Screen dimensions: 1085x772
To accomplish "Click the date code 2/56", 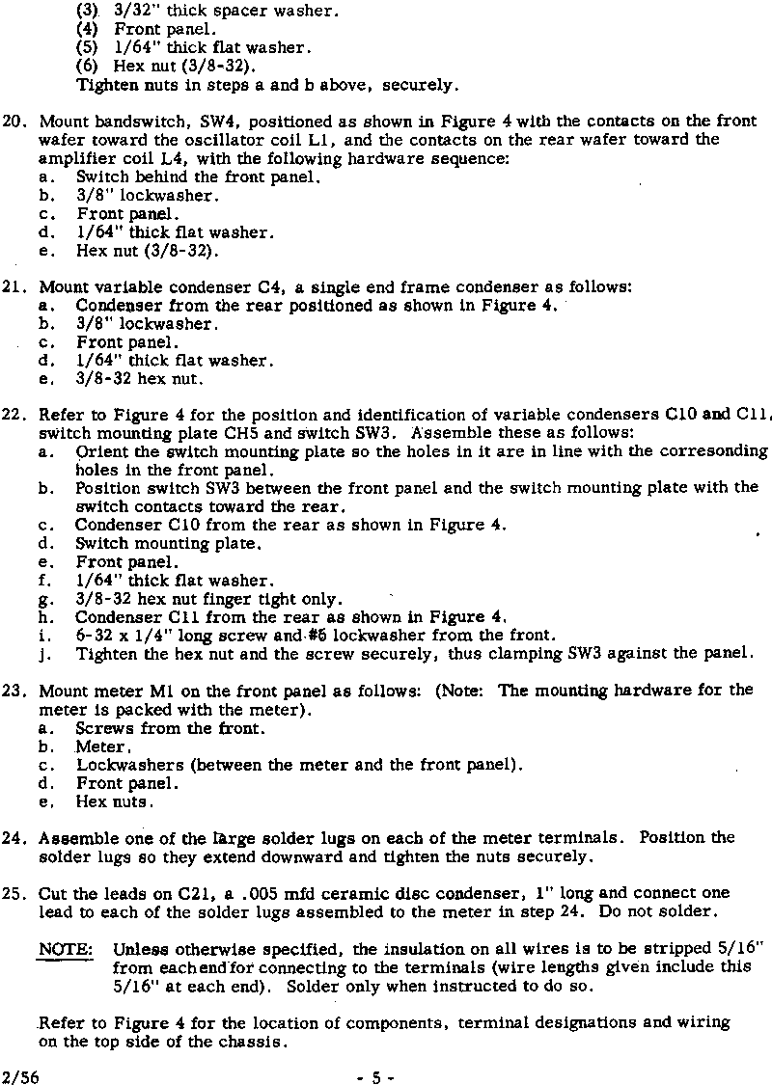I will pyautogui.click(x=19, y=1070).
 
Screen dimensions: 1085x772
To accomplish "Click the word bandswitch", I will pyautogui.click(x=135, y=122).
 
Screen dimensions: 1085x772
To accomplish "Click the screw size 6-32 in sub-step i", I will pyautogui.click(x=94, y=635).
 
